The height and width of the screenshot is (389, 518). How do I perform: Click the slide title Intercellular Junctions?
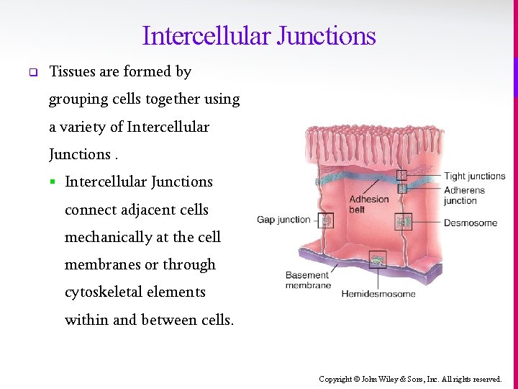pos(259,35)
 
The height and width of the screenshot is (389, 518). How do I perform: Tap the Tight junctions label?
pos(474,176)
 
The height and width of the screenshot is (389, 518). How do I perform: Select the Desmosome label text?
pos(470,223)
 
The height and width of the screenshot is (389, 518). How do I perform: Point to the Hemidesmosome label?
pos(378,293)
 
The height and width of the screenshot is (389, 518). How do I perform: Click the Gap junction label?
pos(283,219)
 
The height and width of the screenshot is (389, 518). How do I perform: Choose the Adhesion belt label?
pos(368,205)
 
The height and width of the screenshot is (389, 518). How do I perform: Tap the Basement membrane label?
pos(308,280)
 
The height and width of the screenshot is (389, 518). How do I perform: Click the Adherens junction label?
pos(464,195)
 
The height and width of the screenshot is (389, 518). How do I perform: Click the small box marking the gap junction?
pos(327,221)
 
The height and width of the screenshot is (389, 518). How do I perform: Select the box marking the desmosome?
pos(404,221)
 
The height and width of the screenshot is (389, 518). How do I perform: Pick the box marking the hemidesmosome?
pos(376,259)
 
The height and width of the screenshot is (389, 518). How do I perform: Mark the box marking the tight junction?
pos(402,175)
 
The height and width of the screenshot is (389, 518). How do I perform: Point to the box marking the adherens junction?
pos(402,188)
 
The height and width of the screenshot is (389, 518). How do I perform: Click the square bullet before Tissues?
pos(32,72)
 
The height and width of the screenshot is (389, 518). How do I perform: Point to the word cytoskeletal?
pos(99,292)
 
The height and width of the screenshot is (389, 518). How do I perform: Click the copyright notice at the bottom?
pos(410,379)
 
